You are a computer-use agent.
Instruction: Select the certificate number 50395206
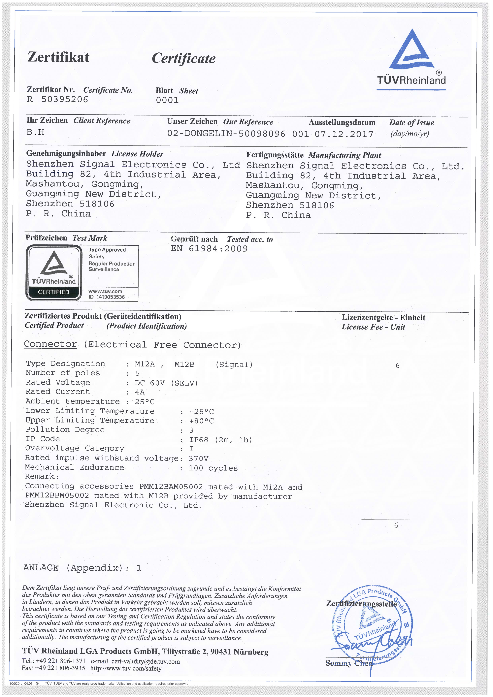click(64, 100)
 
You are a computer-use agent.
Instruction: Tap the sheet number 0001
click(167, 100)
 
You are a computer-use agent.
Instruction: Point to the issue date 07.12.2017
click(344, 134)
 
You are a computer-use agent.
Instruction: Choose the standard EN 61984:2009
click(209, 249)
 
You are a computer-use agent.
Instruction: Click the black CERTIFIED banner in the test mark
click(54, 292)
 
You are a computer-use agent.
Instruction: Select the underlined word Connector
click(50, 344)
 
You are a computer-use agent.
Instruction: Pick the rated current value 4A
click(140, 392)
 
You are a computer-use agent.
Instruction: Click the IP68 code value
click(199, 440)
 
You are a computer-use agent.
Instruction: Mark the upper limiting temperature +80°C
click(202, 421)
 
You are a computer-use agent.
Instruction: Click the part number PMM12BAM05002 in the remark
click(171, 487)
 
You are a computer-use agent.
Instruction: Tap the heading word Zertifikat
click(58, 57)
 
